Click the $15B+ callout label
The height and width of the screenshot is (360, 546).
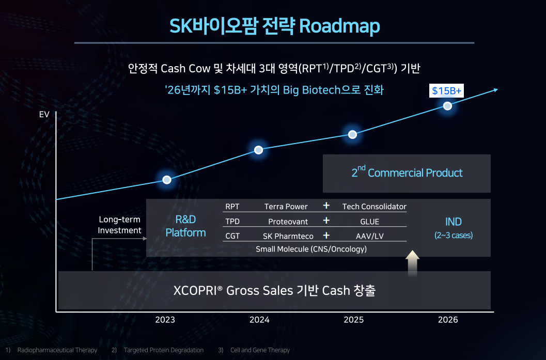click(x=446, y=90)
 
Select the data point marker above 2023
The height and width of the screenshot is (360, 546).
click(x=167, y=180)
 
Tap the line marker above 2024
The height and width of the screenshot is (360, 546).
click(x=258, y=150)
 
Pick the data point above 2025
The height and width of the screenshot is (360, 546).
click(x=352, y=134)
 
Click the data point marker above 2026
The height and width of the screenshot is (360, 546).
click(x=447, y=106)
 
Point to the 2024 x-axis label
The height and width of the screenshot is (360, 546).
click(x=259, y=320)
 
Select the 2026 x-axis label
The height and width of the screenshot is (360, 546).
click(x=448, y=320)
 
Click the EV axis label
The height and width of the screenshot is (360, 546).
click(x=44, y=115)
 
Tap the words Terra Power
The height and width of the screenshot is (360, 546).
click(x=286, y=207)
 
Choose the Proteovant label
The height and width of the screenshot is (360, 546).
click(x=288, y=222)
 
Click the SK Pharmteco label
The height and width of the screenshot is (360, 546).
click(x=288, y=236)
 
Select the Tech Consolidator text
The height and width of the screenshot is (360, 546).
click(x=375, y=207)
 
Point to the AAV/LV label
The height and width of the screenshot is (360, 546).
click(x=370, y=236)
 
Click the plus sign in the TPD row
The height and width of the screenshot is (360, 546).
click(x=326, y=221)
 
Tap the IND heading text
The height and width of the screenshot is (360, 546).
click(x=454, y=222)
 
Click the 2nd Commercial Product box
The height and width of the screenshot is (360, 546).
click(x=407, y=174)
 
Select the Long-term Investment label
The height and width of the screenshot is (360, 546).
click(x=119, y=225)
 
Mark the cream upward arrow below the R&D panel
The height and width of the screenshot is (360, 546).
click(x=413, y=263)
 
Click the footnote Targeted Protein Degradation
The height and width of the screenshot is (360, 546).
click(x=164, y=350)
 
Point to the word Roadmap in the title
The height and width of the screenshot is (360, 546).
click(x=339, y=26)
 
